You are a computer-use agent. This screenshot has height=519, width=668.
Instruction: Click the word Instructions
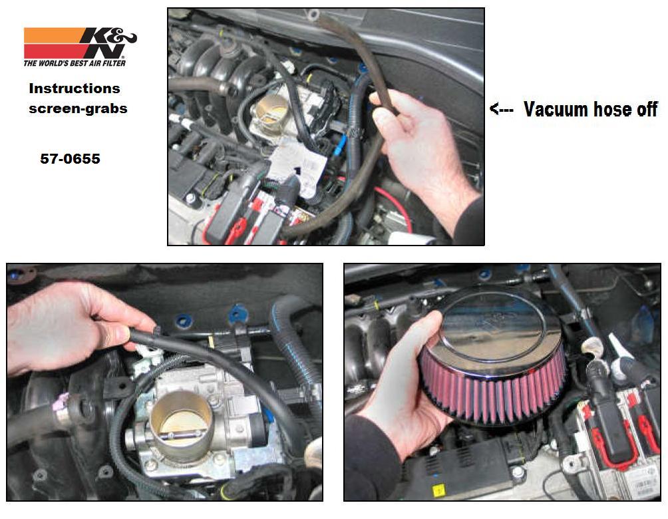tap(75, 88)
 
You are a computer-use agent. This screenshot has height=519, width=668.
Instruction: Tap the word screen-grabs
tap(78, 108)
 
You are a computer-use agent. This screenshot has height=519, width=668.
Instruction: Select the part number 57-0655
tap(71, 158)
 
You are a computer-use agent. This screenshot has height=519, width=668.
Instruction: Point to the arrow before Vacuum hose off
tap(501, 108)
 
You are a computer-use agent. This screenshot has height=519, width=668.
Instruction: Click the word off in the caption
tap(647, 109)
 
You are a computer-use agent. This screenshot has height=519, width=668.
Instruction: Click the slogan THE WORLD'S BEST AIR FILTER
tap(75, 63)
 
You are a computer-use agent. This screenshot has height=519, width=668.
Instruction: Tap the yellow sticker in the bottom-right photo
tap(438, 491)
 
